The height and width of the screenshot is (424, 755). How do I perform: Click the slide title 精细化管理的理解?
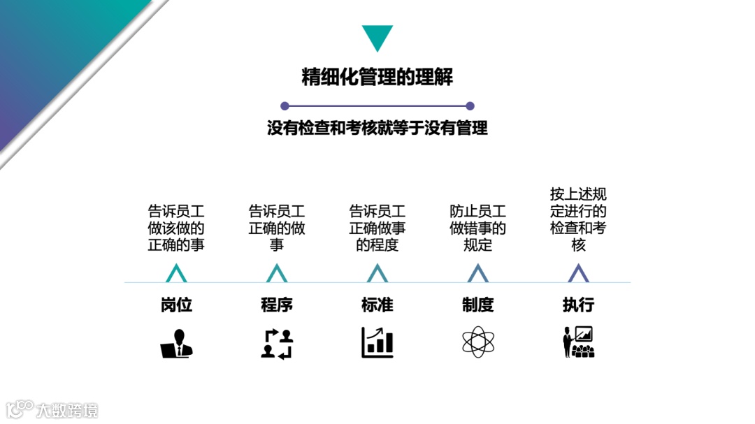tap(377, 77)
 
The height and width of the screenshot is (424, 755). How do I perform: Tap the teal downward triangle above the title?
tap(377, 37)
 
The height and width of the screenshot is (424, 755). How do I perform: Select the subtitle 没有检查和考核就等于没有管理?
tap(377, 128)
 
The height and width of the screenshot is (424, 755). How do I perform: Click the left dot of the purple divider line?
tap(285, 106)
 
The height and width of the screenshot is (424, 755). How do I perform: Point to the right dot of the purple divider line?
tap(470, 106)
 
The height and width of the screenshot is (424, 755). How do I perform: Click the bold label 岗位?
tap(176, 305)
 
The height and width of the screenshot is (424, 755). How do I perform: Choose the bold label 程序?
tap(277, 305)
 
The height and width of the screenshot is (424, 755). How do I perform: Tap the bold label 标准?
tap(377, 305)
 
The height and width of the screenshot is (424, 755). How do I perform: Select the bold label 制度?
tap(478, 305)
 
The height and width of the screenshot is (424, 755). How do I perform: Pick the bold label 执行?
tap(579, 305)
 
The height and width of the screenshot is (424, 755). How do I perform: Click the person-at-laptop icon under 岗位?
tap(176, 343)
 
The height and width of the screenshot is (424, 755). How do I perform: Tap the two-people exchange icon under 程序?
tap(277, 343)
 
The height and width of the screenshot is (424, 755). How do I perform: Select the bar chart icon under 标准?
tap(377, 343)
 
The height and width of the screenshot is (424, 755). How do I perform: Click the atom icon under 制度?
tap(478, 343)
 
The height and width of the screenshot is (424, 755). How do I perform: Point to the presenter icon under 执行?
tap(579, 342)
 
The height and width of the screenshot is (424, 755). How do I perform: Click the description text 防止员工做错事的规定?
tap(478, 228)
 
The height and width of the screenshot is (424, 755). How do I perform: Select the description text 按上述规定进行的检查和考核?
tap(578, 219)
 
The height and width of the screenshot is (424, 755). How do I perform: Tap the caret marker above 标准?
tap(377, 273)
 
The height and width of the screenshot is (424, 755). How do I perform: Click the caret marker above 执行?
tap(578, 273)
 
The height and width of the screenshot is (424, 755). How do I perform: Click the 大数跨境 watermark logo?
tap(52, 409)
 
